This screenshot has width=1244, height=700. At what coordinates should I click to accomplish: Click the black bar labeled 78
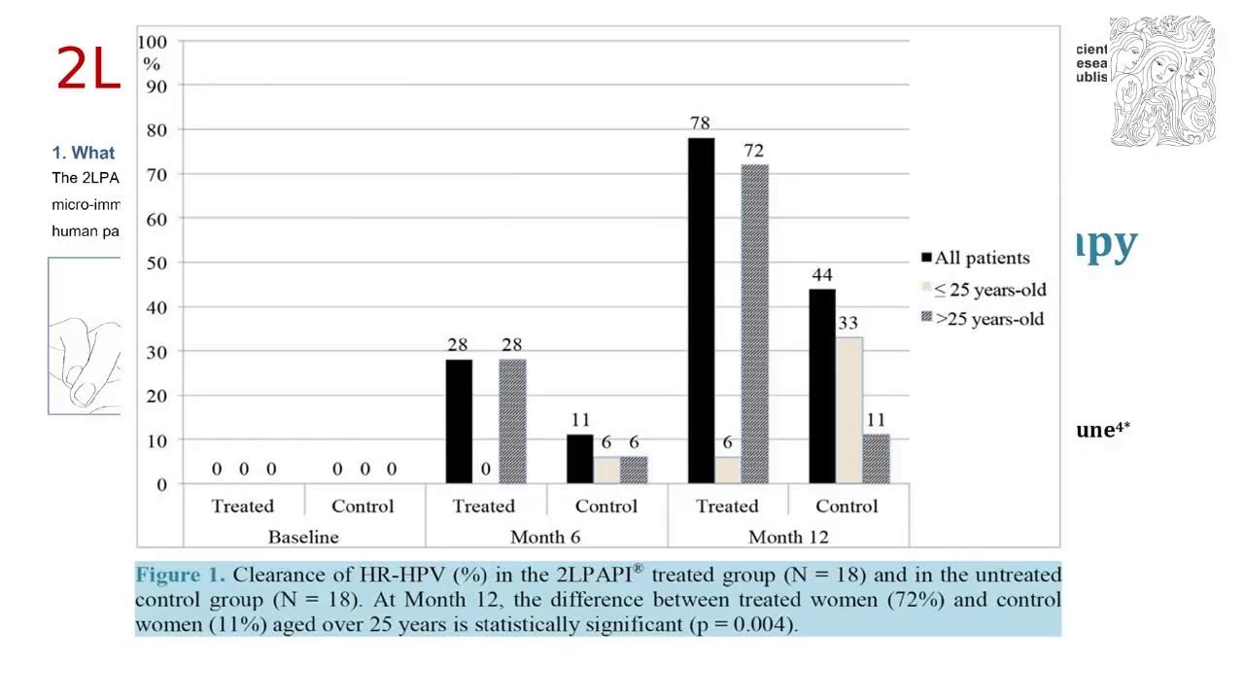[701, 311]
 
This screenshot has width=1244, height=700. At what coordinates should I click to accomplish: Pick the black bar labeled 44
[822, 386]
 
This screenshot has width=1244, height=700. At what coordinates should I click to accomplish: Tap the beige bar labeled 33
[848, 410]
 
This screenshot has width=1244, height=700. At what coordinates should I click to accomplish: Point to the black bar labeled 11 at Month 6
[580, 459]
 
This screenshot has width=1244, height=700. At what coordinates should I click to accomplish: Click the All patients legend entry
[976, 259]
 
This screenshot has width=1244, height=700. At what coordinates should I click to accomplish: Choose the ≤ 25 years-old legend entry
[984, 289]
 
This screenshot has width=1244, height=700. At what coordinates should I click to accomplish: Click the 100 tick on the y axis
[152, 42]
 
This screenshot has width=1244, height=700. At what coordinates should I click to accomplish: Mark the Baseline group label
[303, 537]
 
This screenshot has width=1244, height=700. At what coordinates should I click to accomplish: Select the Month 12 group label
[788, 537]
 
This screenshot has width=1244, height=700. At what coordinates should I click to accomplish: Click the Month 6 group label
[546, 537]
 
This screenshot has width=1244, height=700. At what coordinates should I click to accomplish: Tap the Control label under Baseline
[363, 507]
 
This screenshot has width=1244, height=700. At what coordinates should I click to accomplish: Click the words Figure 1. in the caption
[180, 574]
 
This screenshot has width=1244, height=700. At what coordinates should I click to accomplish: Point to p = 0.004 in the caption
[743, 624]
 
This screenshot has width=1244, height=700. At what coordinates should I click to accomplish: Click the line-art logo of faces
[1162, 82]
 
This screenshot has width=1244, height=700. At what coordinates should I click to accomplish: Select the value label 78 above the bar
[700, 123]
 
